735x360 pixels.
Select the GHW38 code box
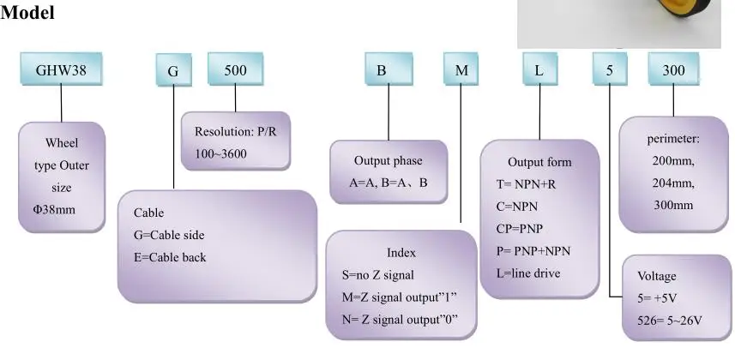pos(61,70)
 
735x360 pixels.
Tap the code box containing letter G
pos(172,71)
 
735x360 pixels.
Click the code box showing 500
pos(236,70)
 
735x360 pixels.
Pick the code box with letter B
pos(381,70)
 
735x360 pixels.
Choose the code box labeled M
pos(461,70)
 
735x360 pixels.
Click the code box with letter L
pos(539,70)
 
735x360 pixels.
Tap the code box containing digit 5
pos(610,70)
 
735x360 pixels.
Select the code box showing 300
pos(673,70)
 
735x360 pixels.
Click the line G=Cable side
pos(169,235)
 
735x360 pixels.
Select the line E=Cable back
pos(169,257)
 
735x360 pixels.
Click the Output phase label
pos(388,160)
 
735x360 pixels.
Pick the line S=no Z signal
pos(377,275)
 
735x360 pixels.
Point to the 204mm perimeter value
pos(674,183)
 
